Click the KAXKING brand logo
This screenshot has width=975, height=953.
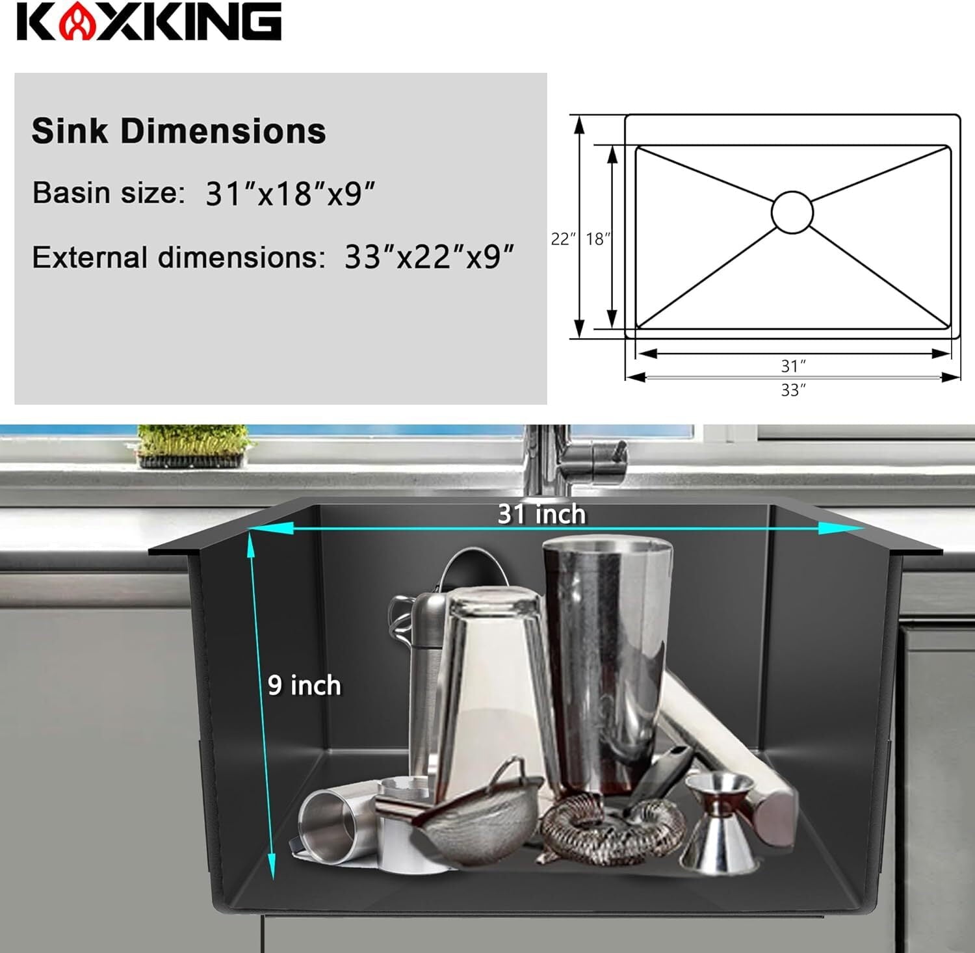[149, 22]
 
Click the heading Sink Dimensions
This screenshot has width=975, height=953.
[179, 131]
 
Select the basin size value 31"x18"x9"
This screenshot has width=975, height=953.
[291, 193]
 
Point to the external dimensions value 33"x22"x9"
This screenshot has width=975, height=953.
[430, 257]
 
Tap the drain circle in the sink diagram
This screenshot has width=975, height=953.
[792, 212]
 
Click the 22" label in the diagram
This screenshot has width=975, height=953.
[564, 239]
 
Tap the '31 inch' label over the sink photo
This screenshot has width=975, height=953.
[542, 514]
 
